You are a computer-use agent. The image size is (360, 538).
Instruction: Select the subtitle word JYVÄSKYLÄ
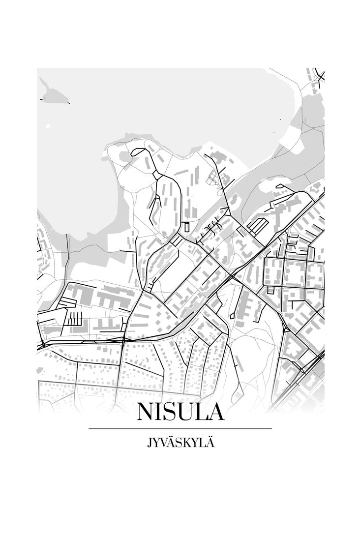pos(180,443)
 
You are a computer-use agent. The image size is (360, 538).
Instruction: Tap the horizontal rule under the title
pos(180,429)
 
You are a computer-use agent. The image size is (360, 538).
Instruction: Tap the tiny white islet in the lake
pos(48,127)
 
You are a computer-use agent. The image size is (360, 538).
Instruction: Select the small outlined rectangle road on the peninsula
pos(186,227)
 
